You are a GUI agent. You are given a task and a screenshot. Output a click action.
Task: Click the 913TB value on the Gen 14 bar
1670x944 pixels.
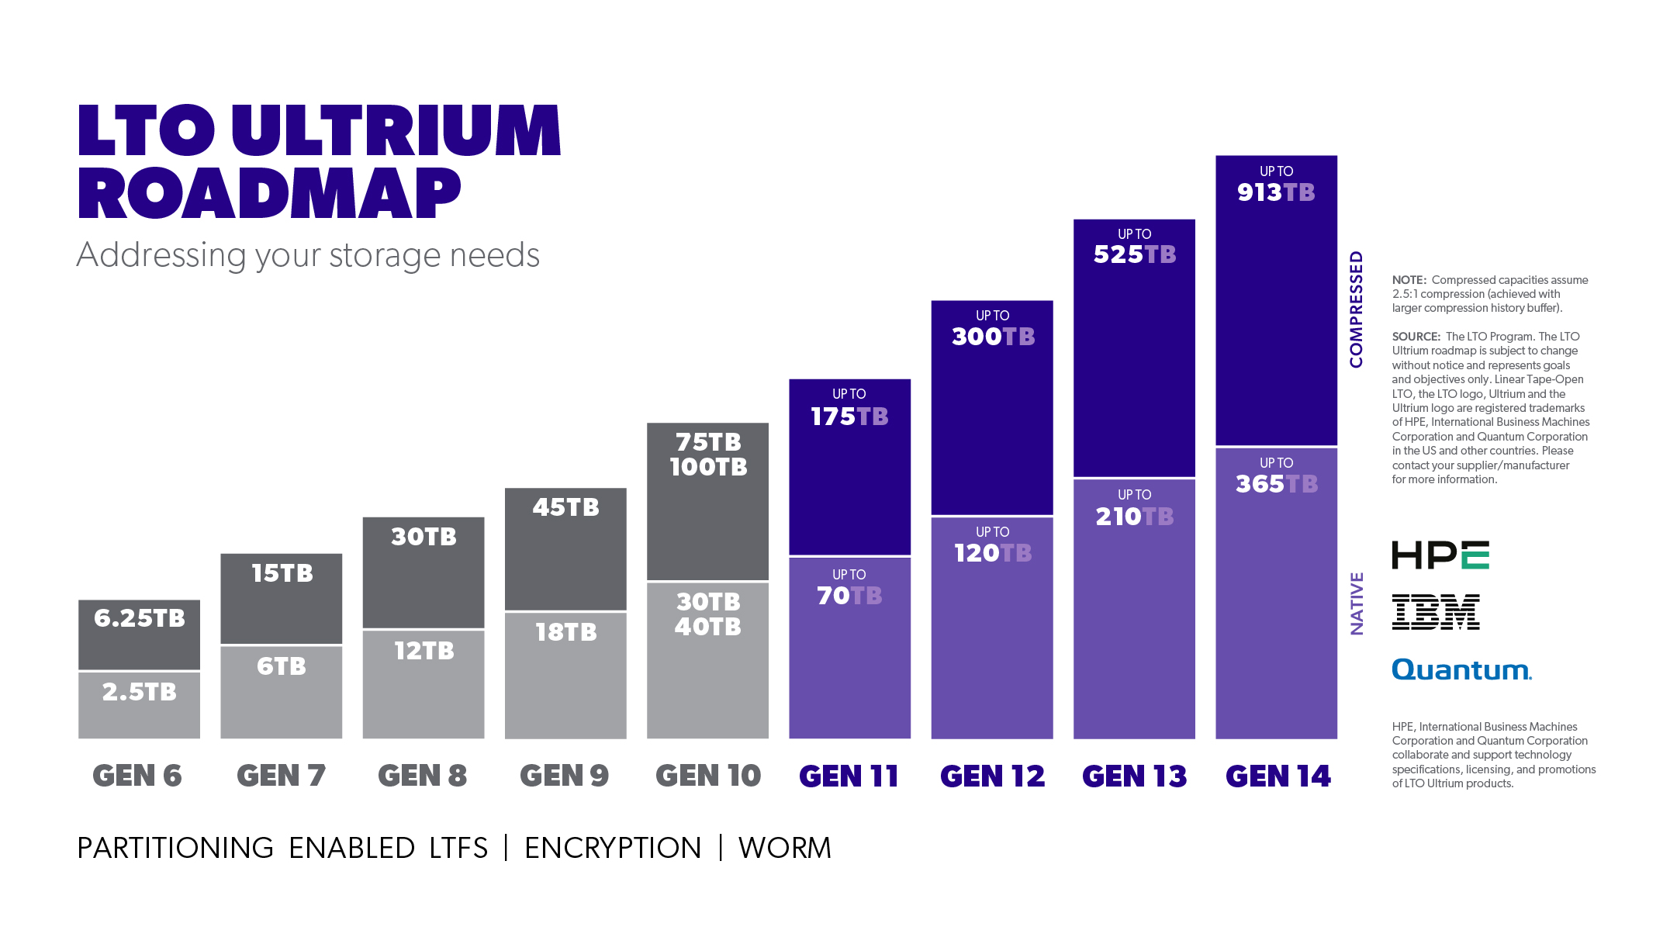click(x=1275, y=192)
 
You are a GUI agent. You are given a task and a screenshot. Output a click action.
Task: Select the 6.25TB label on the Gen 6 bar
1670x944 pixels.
click(x=140, y=618)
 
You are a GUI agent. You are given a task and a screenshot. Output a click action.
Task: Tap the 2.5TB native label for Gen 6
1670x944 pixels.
click(x=140, y=692)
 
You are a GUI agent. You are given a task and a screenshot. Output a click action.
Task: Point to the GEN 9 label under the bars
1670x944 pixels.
click(x=564, y=776)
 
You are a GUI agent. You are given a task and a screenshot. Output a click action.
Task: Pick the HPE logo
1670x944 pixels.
click(x=1440, y=555)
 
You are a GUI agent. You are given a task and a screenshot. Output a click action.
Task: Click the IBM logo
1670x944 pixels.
click(x=1436, y=612)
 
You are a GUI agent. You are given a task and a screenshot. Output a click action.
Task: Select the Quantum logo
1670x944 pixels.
click(x=1461, y=669)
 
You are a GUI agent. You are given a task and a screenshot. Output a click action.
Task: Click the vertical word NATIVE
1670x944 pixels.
click(x=1357, y=603)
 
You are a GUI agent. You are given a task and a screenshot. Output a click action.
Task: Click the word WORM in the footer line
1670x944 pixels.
click(x=784, y=848)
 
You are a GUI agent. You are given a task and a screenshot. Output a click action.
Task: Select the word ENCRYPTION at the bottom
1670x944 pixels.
click(x=613, y=848)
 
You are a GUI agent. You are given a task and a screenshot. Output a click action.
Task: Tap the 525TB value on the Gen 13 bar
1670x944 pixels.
click(x=1134, y=254)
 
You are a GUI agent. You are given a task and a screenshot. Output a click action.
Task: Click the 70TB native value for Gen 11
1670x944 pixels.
click(x=849, y=596)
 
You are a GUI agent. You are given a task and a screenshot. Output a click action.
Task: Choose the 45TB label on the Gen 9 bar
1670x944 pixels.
click(x=565, y=507)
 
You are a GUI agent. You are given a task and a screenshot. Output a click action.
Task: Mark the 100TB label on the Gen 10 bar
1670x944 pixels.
click(x=708, y=467)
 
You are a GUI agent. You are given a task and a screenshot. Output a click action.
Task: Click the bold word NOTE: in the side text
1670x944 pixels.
click(x=1409, y=280)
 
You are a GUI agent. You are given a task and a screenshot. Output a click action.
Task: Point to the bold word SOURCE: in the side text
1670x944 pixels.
click(x=1416, y=337)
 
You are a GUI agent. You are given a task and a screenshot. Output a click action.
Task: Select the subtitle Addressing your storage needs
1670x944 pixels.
click(x=308, y=255)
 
